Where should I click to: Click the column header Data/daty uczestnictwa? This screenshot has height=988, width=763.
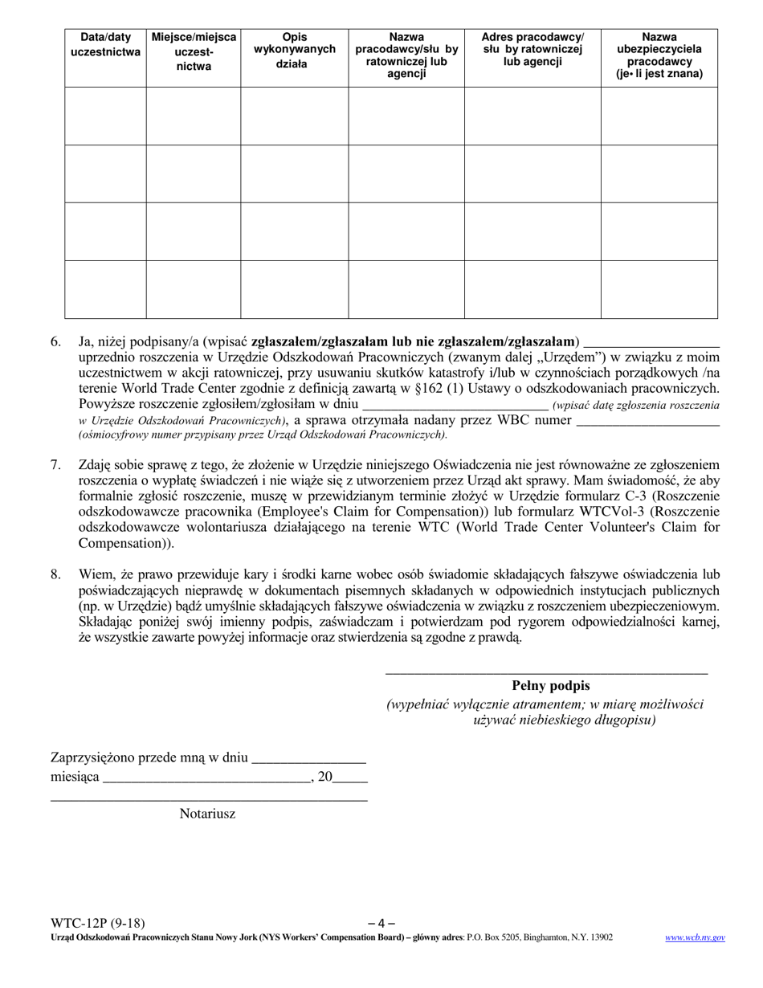[x=105, y=44]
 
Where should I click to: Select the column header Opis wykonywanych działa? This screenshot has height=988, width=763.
[x=294, y=51]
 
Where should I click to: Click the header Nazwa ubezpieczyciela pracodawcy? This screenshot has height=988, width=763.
[x=659, y=55]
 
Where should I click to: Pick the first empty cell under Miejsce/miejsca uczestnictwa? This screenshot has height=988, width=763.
[x=193, y=116]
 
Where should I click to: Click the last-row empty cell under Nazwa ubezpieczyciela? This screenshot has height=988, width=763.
[x=659, y=289]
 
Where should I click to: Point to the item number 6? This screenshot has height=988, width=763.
[x=55, y=341]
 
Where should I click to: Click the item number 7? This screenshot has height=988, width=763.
[x=55, y=464]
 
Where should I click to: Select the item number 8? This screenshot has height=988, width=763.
[x=55, y=574]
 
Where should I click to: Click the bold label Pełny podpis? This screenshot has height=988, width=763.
[x=550, y=685]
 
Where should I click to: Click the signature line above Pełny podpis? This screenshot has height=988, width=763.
[x=546, y=672]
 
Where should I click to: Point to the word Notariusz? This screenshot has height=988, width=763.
[x=207, y=814]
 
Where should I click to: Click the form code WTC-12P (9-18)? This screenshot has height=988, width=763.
[x=97, y=923]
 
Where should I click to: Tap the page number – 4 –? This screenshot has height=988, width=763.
[x=381, y=923]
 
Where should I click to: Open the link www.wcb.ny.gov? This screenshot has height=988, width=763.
[x=695, y=937]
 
